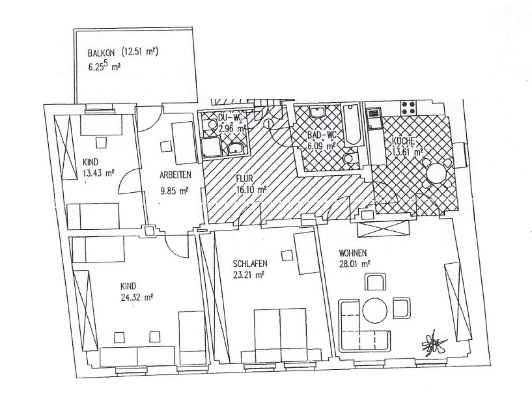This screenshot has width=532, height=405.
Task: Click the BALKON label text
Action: [x=101, y=53]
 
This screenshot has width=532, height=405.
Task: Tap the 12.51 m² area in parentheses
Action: [x=140, y=52]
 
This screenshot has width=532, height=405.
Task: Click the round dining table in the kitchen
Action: [x=436, y=174]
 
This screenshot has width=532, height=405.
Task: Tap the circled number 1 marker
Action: [x=269, y=124]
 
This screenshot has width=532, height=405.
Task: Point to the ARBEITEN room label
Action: [x=175, y=175]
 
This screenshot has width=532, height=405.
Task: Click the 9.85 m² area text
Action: [x=174, y=191]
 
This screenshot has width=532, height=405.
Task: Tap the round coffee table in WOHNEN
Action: [x=374, y=310]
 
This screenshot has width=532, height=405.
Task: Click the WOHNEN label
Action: [x=352, y=253]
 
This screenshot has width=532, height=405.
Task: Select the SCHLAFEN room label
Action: [x=250, y=263]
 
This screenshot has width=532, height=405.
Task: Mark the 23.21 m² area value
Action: [x=249, y=275]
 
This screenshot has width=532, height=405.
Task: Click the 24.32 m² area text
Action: [x=137, y=297]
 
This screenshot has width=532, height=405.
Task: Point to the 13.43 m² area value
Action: [x=98, y=173]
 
